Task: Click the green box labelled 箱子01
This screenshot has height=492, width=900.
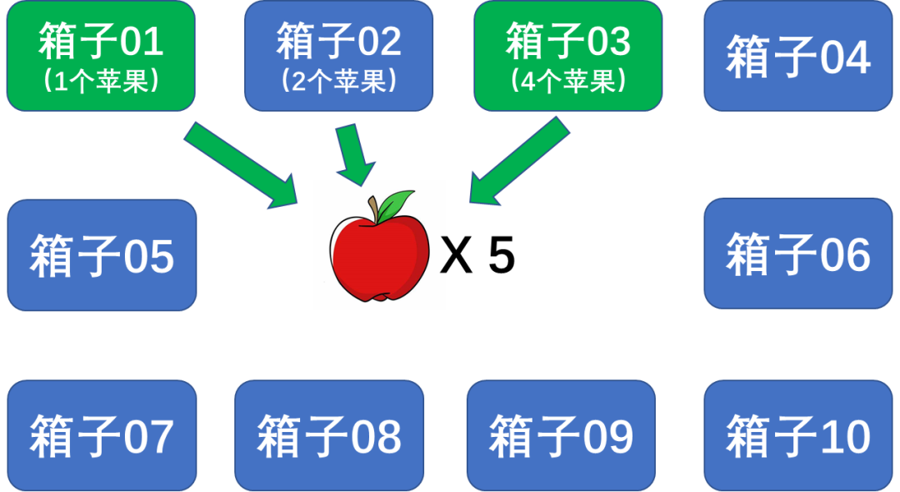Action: [101, 55]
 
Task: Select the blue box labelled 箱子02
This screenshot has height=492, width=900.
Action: [338, 55]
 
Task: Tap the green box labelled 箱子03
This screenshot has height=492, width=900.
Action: [568, 55]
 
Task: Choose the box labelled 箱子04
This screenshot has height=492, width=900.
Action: [797, 56]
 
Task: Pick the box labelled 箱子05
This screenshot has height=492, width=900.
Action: [102, 254]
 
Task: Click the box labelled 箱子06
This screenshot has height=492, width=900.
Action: [797, 254]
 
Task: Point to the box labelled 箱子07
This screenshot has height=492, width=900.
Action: [102, 435]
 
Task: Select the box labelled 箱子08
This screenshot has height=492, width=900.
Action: [329, 435]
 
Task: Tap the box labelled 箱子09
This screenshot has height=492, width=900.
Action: [561, 435]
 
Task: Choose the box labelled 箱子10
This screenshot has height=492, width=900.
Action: [797, 435]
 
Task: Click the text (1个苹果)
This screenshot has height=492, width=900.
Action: [101, 82]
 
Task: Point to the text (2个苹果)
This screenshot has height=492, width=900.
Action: [338, 82]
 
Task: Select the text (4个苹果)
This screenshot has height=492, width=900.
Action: [568, 82]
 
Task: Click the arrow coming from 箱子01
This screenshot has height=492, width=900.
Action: [241, 165]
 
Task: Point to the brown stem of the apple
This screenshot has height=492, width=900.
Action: [376, 208]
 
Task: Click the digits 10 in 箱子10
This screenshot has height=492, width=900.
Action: [844, 435]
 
